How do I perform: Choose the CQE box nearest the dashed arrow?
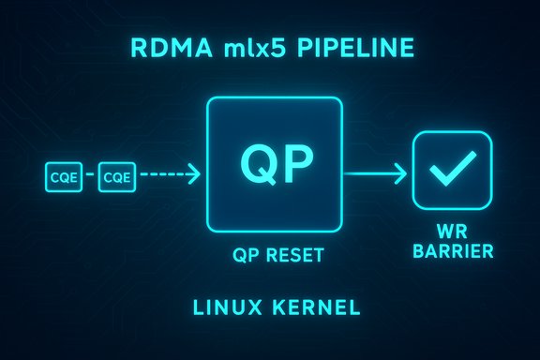tap(117, 174)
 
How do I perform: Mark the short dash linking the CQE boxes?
tap(90, 174)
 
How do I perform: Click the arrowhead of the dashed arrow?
tap(194, 173)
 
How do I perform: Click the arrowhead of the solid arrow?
tap(400, 172)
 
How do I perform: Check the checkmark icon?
tap(451, 170)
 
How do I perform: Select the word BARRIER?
tap(451, 251)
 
